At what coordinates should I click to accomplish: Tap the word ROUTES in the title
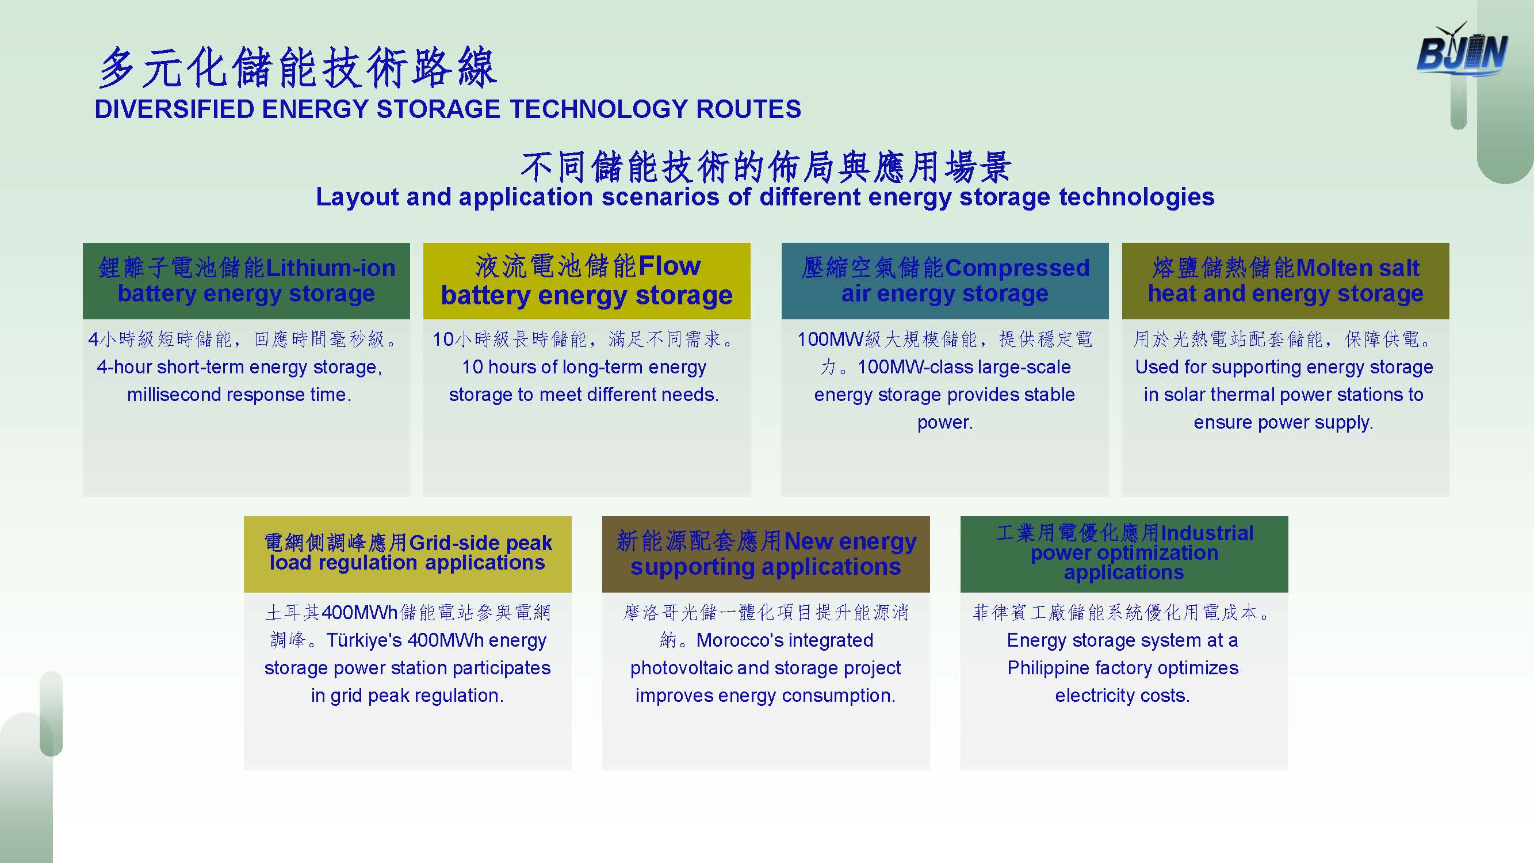pyautogui.click(x=748, y=109)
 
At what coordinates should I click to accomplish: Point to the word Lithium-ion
pyautogui.click(x=331, y=268)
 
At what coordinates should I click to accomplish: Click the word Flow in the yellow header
pyautogui.click(x=670, y=266)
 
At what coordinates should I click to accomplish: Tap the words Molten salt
pyautogui.click(x=1358, y=268)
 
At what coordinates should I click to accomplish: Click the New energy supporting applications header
pyautogui.click(x=766, y=554)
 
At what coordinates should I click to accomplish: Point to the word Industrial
pyautogui.click(x=1207, y=533)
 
